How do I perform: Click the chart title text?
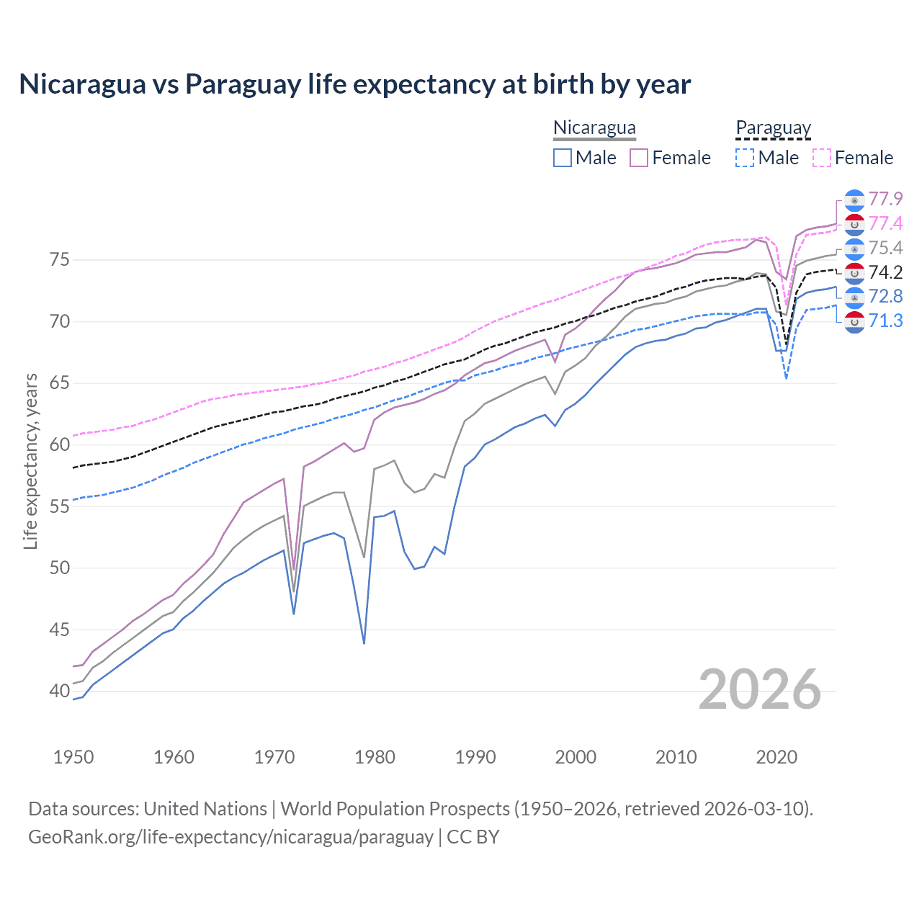click(x=354, y=84)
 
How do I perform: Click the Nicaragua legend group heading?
click(x=594, y=127)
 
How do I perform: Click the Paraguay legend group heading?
click(x=773, y=128)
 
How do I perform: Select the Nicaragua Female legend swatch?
click(x=639, y=158)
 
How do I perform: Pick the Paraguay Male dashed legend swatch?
click(x=745, y=158)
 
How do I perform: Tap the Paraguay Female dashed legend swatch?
click(x=822, y=158)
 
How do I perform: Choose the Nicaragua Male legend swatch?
click(x=563, y=158)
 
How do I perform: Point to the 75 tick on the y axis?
click(x=60, y=259)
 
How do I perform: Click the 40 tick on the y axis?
click(x=60, y=691)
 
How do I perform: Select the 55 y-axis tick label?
click(x=60, y=506)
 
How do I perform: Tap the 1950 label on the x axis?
click(x=73, y=757)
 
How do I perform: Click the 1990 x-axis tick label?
click(x=475, y=757)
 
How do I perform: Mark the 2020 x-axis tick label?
click(x=776, y=757)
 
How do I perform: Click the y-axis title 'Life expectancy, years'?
click(x=30, y=461)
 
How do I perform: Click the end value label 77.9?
click(x=885, y=199)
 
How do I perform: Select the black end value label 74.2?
click(x=885, y=272)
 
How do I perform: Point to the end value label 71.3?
click(x=885, y=321)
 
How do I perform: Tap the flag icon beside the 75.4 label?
click(x=854, y=249)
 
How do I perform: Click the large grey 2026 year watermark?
click(x=760, y=689)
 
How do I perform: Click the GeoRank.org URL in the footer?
click(x=230, y=837)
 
